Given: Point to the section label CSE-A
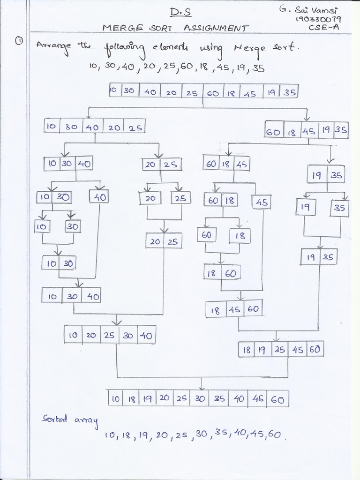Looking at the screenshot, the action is [x=324, y=28].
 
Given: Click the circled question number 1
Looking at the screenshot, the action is [x=19, y=42].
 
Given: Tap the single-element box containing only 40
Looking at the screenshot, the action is [x=98, y=197].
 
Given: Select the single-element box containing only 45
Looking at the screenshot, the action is [x=262, y=202].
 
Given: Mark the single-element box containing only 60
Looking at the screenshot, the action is [x=207, y=235].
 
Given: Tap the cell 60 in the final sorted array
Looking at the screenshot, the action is [x=277, y=399].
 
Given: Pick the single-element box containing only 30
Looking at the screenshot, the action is [x=73, y=226].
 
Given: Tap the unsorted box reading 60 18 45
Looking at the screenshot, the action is [x=227, y=164].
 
